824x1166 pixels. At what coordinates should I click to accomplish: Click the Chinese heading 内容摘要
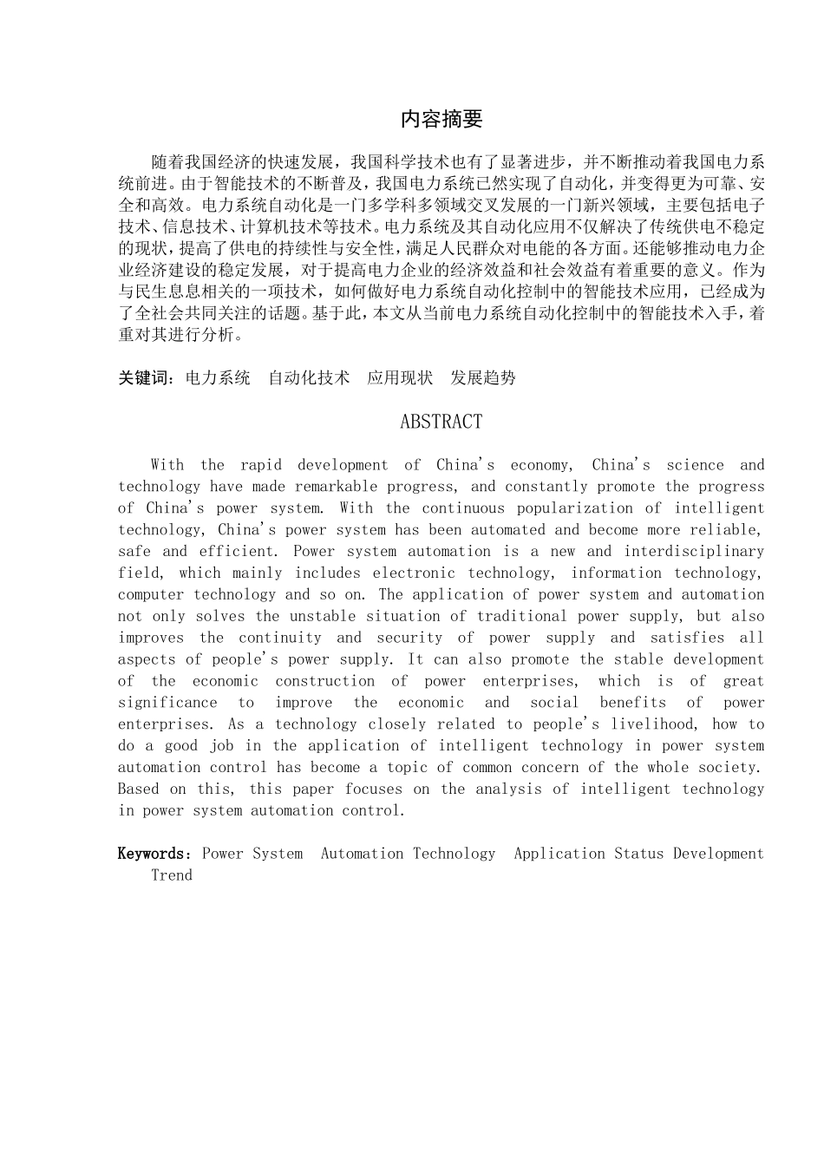(441, 120)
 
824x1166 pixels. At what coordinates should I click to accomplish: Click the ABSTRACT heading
(441, 422)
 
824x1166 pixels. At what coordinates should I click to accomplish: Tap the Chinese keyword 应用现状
(400, 377)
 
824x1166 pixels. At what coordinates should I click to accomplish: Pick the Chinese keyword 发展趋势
(483, 377)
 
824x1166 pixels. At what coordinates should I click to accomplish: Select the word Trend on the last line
(172, 875)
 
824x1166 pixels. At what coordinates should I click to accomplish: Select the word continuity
(274, 638)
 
